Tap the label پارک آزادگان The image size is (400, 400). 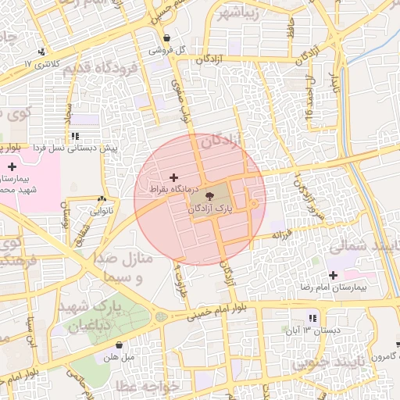(211, 210)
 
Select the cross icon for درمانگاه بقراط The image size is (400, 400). (173, 177)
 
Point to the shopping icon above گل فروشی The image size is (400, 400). (167, 37)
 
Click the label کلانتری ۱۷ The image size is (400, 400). (40, 63)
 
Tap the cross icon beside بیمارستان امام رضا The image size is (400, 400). (334, 275)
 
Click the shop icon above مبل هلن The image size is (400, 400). (119, 345)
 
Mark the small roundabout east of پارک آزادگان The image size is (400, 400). (254, 205)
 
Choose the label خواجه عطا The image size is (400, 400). (148, 386)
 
